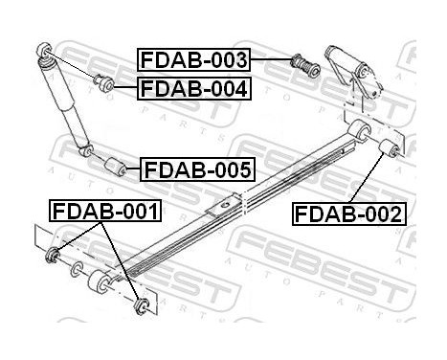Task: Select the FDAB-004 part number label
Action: [194, 90]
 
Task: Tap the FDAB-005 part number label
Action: [198, 170]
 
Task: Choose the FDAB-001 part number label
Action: [105, 211]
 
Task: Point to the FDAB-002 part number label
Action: [349, 213]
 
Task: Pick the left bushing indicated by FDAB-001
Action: [55, 256]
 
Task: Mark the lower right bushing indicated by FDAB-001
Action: [135, 306]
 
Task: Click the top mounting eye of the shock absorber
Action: [45, 51]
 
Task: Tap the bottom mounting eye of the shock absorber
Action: [86, 150]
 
